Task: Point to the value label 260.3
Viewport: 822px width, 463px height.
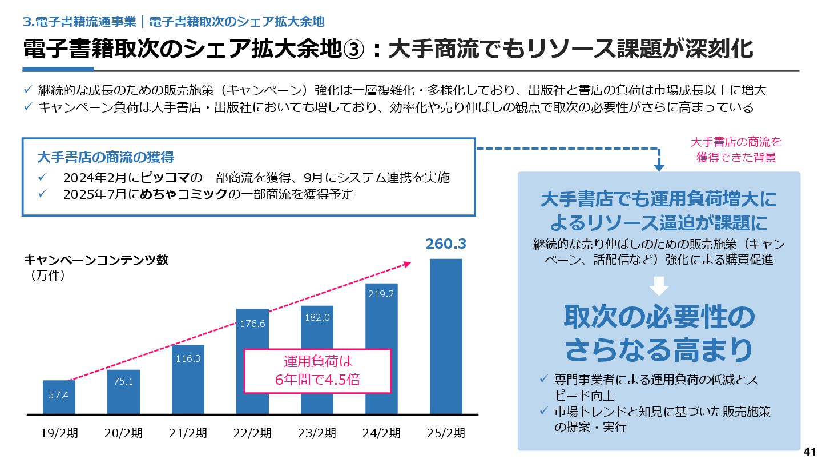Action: (446, 244)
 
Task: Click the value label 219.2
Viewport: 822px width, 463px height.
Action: (381, 294)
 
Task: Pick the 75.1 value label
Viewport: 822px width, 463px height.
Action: (123, 381)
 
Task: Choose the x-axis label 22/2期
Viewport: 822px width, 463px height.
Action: (252, 433)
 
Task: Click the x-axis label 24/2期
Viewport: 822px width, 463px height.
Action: (381, 433)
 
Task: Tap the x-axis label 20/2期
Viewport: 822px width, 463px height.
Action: (123, 433)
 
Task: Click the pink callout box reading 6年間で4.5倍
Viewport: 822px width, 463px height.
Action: (317, 371)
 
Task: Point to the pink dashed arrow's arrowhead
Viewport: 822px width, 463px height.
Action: (407, 264)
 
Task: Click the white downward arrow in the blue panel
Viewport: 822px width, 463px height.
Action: (659, 286)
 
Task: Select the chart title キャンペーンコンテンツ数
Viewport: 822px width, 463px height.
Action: (96, 260)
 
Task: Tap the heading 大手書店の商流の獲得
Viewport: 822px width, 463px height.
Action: (105, 157)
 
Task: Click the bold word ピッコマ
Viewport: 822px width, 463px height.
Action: (164, 177)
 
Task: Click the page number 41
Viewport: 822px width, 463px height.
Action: (809, 452)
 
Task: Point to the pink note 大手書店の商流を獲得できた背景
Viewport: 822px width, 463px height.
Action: (736, 150)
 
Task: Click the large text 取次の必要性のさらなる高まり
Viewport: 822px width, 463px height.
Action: (659, 334)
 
